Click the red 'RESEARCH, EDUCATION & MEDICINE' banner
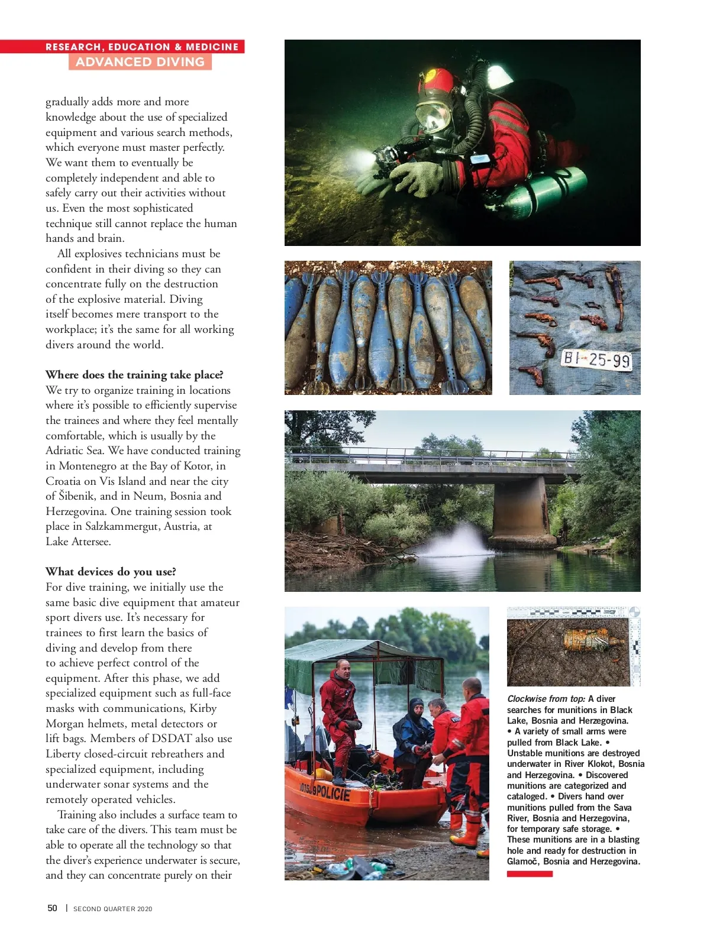click(142, 47)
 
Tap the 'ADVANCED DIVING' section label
click(140, 62)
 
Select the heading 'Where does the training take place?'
click(134, 375)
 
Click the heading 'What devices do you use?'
click(111, 572)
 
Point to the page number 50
click(52, 908)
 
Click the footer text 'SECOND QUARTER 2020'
click(112, 909)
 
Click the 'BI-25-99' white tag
click(596, 359)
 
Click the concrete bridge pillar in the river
click(521, 509)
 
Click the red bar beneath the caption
click(530, 874)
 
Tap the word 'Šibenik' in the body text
click(77, 496)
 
